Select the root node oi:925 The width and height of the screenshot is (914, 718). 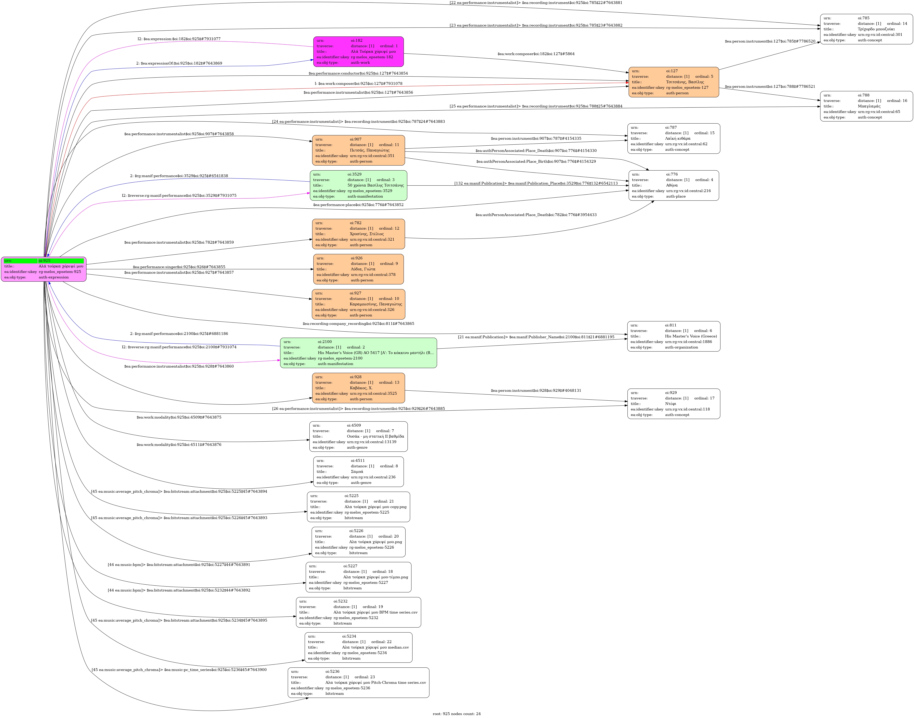coord(44,269)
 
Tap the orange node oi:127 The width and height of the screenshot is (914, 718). coord(673,82)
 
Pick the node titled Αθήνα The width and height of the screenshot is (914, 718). coord(673,185)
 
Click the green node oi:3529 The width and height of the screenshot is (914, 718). coord(358,185)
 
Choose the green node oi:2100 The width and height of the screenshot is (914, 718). coord(358,353)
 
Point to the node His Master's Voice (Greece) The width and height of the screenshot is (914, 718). coord(673,336)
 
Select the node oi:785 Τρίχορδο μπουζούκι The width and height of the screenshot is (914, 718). coord(866,29)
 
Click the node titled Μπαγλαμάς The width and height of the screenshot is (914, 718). coord(866,106)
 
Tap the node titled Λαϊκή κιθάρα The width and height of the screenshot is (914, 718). coord(673,138)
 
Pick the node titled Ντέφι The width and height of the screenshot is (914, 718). coord(673,404)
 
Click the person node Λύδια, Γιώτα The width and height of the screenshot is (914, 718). coord(358,269)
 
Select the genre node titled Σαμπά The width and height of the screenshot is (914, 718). coord(358,472)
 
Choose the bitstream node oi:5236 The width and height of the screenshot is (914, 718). coord(358,683)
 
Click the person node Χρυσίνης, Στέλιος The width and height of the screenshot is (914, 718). coord(358,234)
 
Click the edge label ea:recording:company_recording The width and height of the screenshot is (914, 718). coord(358,324)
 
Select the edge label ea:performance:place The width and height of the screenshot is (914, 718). coord(358,205)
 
